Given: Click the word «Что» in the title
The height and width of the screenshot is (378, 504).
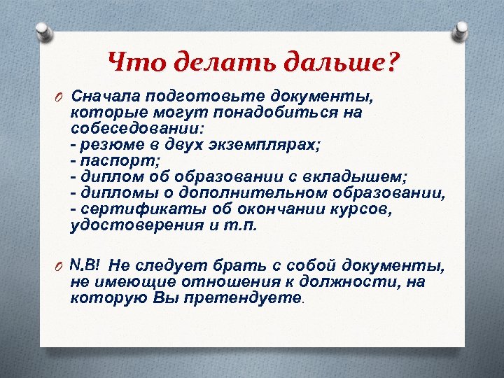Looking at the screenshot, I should click(x=133, y=64).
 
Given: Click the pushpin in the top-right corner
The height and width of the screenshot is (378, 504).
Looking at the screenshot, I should click(x=462, y=29).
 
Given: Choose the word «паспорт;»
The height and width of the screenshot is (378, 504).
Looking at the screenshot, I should click(x=111, y=160).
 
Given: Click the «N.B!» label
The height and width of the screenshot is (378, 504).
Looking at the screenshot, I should click(x=87, y=265).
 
